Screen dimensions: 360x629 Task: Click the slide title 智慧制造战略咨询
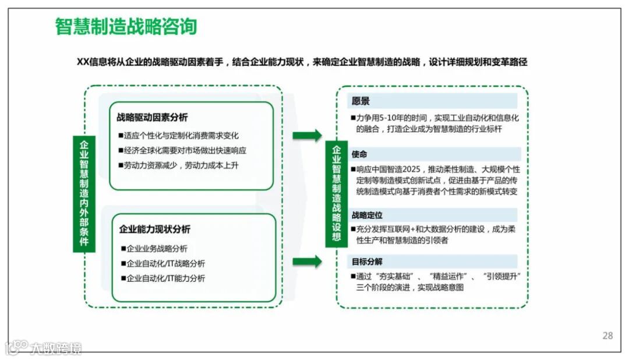tap(126, 27)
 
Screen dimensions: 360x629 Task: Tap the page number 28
tap(607, 336)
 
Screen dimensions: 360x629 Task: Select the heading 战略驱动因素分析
tap(152, 118)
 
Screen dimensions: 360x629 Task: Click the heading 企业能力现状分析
tap(154, 229)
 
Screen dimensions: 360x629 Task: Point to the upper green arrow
tap(307, 136)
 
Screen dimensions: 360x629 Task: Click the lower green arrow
tap(307, 261)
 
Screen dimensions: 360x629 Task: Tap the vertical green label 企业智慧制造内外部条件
tap(84, 193)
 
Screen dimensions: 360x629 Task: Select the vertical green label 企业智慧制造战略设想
tap(336, 193)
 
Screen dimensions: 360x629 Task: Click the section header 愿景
tap(361, 101)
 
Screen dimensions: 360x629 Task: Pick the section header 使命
tap(359, 154)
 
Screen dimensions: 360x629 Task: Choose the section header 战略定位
tap(367, 215)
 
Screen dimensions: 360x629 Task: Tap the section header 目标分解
tap(367, 262)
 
